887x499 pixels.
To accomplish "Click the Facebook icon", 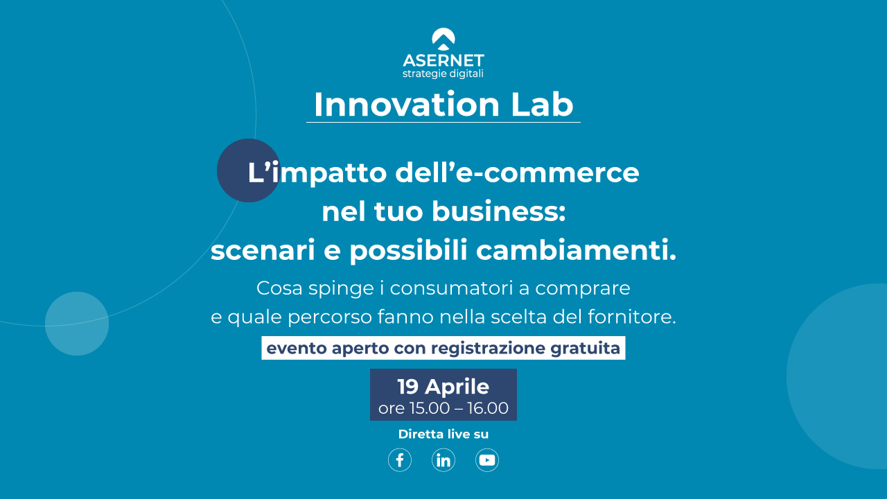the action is [400, 460].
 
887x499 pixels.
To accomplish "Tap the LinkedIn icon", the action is [443, 460].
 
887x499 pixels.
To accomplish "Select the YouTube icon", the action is [487, 460].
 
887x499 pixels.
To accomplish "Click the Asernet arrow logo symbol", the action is [443, 39].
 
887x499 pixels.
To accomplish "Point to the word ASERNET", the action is [443, 60].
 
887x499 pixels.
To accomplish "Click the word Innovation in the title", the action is [407, 105].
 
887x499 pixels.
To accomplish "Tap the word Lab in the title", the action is [542, 105].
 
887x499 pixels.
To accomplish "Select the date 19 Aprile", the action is [443, 387].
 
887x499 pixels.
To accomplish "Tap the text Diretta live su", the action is [443, 434].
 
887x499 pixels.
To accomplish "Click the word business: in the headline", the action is [498, 211].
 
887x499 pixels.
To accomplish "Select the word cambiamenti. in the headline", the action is [576, 250].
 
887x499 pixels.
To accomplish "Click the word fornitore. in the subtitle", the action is [631, 317].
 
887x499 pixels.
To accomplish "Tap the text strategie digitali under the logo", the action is [443, 74].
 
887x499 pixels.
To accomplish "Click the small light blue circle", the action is [77, 324].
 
